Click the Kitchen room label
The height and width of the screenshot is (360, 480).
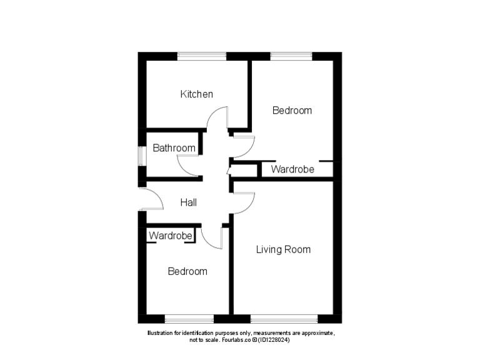pos(196,94)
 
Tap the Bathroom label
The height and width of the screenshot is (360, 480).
pos(174,149)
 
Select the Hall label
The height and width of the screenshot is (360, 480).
pos(189,202)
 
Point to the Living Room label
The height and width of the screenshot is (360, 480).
pos(283,249)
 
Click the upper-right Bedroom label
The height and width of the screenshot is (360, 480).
pos(292,111)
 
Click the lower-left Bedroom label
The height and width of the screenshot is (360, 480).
pos(187,272)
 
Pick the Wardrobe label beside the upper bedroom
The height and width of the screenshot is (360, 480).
pos(292,169)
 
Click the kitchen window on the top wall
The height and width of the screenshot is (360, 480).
pos(202,56)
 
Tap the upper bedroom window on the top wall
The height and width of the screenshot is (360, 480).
pos(291,56)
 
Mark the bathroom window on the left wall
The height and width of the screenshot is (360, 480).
pos(142,156)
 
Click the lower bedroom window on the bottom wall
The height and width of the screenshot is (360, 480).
pos(189,319)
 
